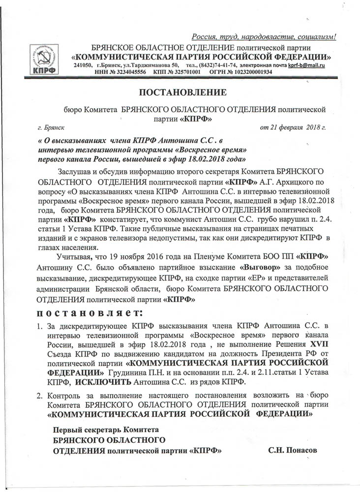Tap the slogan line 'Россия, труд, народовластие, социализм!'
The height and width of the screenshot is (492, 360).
coord(264,37)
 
